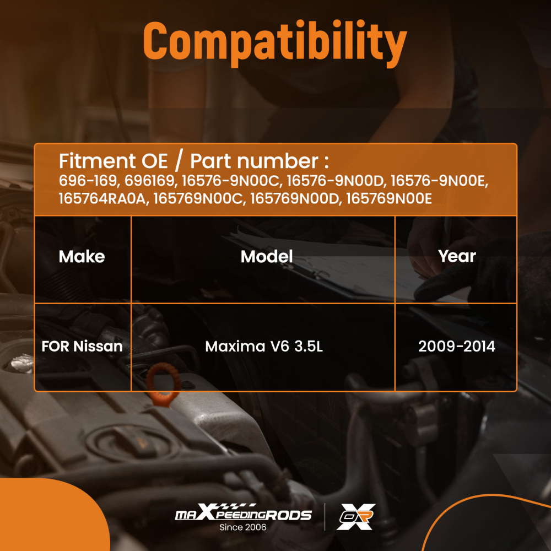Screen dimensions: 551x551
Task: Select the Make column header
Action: click(82, 257)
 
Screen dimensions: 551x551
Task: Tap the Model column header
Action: click(267, 257)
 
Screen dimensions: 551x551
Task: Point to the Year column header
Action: click(457, 256)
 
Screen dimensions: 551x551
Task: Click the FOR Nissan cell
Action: click(82, 347)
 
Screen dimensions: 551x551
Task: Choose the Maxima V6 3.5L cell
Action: click(264, 347)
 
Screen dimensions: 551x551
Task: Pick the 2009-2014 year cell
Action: click(457, 347)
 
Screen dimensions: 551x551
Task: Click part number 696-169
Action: click(88, 181)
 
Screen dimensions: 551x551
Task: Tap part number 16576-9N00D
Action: click(335, 181)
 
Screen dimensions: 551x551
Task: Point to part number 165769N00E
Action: click(389, 198)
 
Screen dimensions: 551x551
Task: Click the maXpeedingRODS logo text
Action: click(243, 512)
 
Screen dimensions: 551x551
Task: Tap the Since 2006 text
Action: click(243, 527)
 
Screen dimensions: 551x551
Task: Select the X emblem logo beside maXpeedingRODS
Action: click(356, 516)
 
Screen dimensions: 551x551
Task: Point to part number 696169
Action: click(150, 181)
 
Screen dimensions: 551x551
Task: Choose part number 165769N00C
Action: click(198, 198)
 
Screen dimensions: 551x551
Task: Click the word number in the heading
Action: click(278, 161)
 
